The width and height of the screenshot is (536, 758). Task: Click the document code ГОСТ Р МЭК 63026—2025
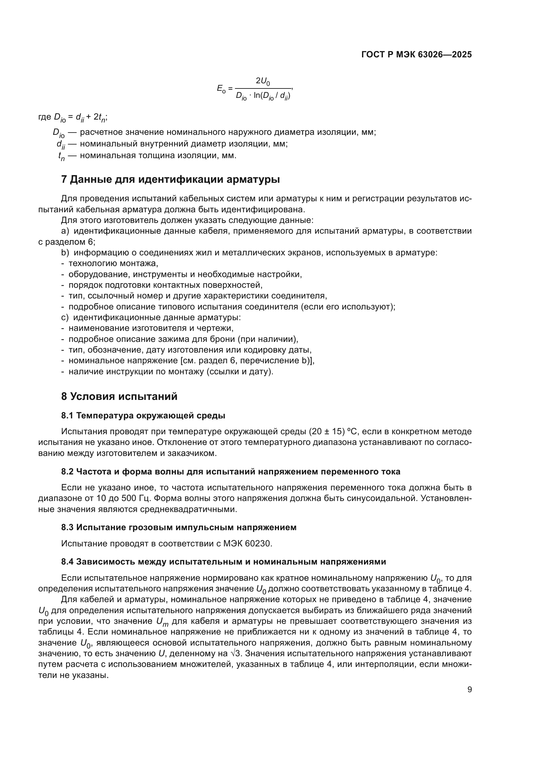416,55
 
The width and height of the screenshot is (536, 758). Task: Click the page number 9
469,690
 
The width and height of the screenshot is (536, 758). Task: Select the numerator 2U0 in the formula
263,81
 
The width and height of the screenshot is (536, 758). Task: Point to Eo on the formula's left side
221,88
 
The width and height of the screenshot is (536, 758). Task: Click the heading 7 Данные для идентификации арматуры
170,179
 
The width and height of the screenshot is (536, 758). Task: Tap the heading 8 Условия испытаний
119,396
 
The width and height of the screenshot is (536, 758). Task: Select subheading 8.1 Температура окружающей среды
143,416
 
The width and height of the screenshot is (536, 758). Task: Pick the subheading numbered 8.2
230,472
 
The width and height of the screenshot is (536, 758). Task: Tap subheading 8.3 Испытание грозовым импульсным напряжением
179,527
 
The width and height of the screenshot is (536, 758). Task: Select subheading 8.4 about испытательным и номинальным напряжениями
224,562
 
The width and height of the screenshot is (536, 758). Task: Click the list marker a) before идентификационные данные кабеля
65,231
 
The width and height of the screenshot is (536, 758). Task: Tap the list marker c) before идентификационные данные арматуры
65,318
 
